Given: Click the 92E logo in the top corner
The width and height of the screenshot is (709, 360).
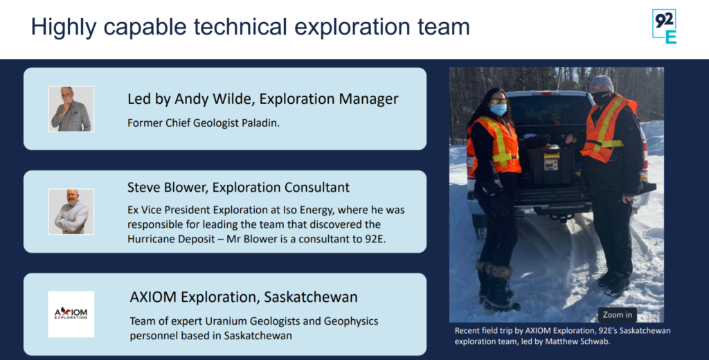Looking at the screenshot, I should coord(664,27).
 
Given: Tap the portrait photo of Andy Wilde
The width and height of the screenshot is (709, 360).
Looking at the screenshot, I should coord(71,109).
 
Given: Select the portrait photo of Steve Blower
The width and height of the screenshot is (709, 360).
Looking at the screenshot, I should coord(71,211).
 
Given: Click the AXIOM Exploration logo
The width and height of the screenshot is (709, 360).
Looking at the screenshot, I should coord(71,314).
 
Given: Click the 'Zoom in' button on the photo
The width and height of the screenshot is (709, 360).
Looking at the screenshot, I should coord(617,314).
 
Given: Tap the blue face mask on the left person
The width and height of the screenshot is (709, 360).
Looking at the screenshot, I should coord(499,109).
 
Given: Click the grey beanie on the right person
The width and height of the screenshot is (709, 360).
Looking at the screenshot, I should coord(602,82).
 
